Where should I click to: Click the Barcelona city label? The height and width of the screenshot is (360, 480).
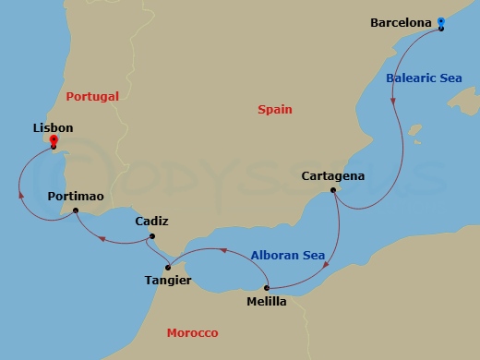(x=402, y=22)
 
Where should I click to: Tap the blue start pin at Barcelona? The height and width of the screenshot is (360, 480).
(x=441, y=22)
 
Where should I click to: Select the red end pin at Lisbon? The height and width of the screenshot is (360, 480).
(x=54, y=141)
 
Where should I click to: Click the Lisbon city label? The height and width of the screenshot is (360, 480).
(x=53, y=128)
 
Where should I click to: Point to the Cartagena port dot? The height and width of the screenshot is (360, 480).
(x=333, y=191)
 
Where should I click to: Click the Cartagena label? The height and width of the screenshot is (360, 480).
(x=333, y=176)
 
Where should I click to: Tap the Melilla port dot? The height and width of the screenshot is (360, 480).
(x=267, y=288)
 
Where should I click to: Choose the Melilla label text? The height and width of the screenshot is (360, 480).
(x=267, y=301)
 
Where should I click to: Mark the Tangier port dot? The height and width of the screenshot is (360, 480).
(x=167, y=267)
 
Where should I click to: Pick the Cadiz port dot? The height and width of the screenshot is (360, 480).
(x=150, y=237)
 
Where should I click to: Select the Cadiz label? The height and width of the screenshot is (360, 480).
(x=151, y=222)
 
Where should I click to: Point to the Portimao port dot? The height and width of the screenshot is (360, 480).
(x=76, y=211)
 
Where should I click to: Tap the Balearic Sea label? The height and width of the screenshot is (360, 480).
(x=424, y=78)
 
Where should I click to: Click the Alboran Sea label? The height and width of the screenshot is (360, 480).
(x=287, y=255)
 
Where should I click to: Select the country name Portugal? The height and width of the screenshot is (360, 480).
(x=92, y=95)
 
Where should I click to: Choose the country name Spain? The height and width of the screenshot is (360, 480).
(x=274, y=110)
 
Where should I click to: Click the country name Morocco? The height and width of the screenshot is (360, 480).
(x=192, y=332)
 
